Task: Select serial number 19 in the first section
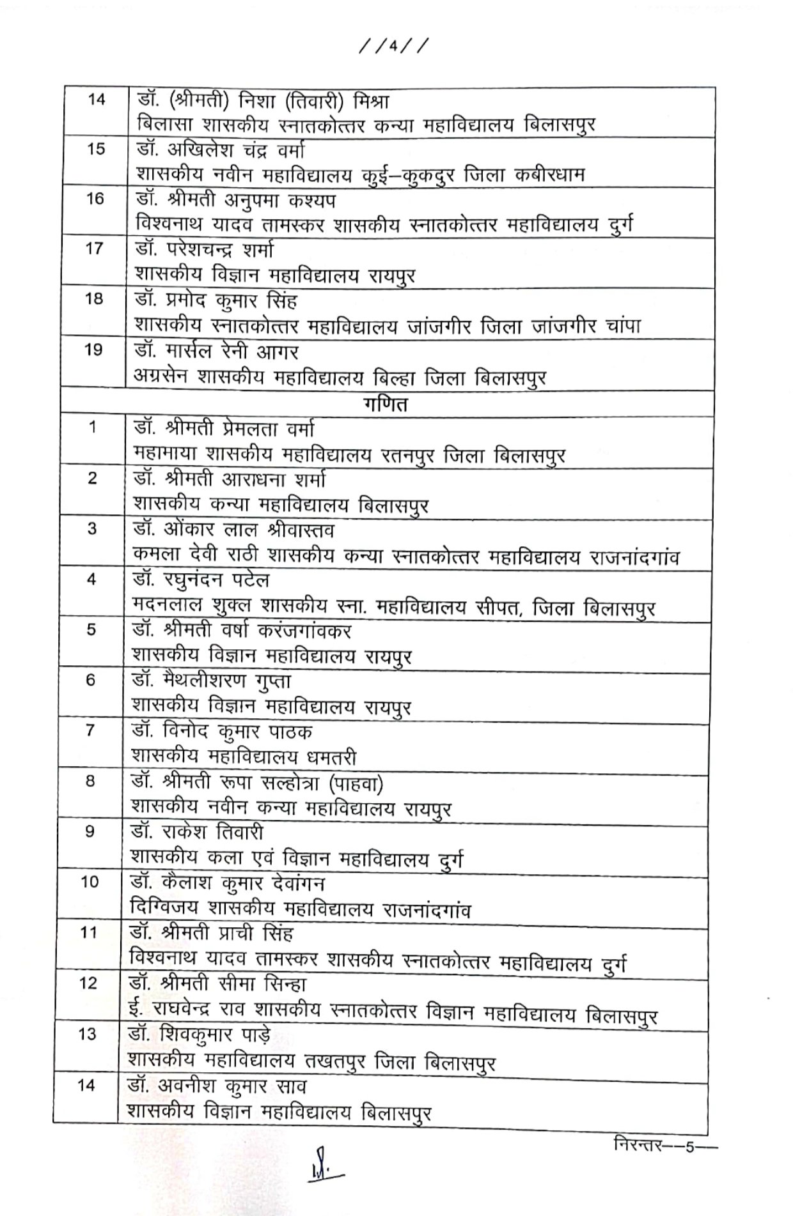point(93,350)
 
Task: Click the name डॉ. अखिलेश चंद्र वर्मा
point(221,150)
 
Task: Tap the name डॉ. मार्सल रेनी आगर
point(216,351)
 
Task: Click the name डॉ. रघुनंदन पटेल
point(201,580)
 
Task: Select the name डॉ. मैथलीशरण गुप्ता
point(212,681)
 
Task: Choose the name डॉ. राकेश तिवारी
point(196,833)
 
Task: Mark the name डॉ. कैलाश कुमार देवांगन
point(228,884)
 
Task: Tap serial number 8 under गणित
point(90,781)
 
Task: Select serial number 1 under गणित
point(93,427)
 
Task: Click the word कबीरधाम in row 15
point(549,175)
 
